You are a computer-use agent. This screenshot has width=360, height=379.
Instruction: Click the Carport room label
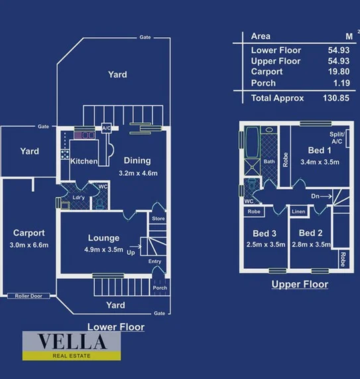click(x=29, y=233)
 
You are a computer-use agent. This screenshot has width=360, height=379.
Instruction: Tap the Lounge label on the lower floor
click(x=103, y=238)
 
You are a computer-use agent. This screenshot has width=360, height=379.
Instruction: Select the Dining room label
click(x=137, y=160)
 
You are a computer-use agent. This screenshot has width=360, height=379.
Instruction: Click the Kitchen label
click(x=84, y=161)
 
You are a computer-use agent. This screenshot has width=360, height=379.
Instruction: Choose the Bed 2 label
click(x=310, y=233)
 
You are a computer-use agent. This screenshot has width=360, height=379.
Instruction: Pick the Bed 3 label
click(x=265, y=233)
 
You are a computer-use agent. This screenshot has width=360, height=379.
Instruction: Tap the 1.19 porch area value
click(x=340, y=83)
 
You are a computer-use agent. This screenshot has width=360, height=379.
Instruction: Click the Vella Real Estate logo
click(x=72, y=345)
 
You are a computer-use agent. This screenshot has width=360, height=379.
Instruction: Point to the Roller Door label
click(x=29, y=296)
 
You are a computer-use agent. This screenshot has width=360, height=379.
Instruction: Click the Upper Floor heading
click(x=300, y=284)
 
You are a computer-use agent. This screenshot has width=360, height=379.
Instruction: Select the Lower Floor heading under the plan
click(x=116, y=327)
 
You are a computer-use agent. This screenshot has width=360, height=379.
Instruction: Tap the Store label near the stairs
click(x=158, y=218)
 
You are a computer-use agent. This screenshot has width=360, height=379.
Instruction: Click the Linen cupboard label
click(x=298, y=212)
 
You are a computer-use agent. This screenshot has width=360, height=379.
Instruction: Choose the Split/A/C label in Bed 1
click(x=336, y=137)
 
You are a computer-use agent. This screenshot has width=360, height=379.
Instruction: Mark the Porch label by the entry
click(x=160, y=288)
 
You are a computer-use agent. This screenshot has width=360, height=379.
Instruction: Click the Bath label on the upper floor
click(x=269, y=161)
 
